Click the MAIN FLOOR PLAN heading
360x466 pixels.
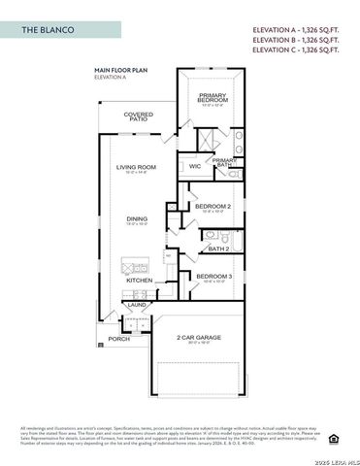tap(120, 70)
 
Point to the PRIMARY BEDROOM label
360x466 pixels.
tap(213, 97)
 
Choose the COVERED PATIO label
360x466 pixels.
tap(139, 116)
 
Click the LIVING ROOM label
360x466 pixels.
tap(138, 167)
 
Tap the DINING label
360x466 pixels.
tap(138, 218)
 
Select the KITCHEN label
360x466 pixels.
tap(140, 280)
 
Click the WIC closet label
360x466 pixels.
tap(194, 166)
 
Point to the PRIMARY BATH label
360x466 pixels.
tap(225, 162)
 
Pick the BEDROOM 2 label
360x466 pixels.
tap(213, 206)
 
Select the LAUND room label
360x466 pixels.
tap(138, 305)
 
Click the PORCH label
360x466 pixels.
tap(118, 339)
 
